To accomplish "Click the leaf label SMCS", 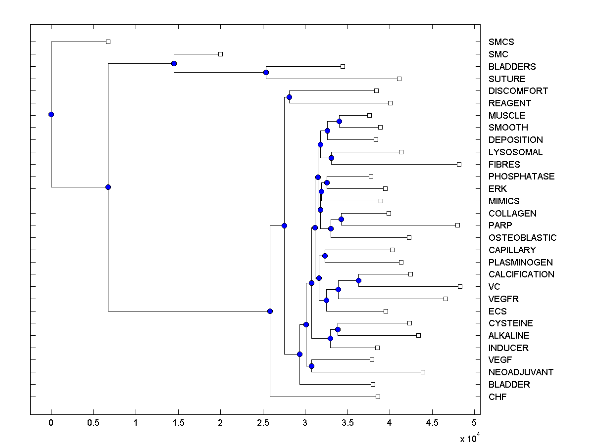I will coord(501,42).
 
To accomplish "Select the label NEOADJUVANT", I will coord(521,372).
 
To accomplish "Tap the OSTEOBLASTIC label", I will coord(522,238).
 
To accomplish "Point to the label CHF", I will coord(497,397).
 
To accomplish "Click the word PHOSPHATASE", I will coord(521,177).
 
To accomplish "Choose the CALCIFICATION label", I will coord(521,274).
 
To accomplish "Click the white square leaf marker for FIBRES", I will coord(459,164).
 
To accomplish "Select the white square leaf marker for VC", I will coord(460,286).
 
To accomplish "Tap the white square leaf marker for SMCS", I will coord(108,42).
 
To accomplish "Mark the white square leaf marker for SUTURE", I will coord(399,79).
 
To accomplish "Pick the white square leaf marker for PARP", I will coord(457,225).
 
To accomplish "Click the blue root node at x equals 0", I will coord(51,114).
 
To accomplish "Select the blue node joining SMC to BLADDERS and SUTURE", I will coord(174,63).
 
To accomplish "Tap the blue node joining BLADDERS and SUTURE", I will coord(266,72).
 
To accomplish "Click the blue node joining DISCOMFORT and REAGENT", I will coord(289,97).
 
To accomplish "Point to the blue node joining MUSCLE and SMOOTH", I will coord(339,121).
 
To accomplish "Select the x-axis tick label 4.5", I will coord(432,424).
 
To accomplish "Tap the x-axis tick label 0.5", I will coord(93,424).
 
